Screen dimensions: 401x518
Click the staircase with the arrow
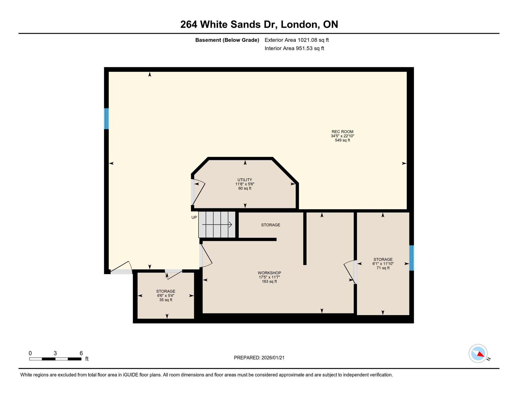[217, 225]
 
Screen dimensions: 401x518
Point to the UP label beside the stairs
[194, 217]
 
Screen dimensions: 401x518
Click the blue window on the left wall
[106, 119]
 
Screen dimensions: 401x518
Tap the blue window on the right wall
[411, 258]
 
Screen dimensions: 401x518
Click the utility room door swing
[199, 192]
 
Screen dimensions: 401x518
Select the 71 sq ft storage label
[383, 264]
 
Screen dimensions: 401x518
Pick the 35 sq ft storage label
[166, 296]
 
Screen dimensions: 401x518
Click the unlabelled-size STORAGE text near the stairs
[270, 225]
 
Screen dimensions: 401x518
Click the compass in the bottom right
[478, 353]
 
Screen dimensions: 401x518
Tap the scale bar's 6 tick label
[81, 353]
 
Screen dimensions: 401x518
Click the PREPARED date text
[259, 358]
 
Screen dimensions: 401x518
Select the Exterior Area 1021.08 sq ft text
[297, 40]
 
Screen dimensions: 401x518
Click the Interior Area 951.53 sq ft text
[294, 48]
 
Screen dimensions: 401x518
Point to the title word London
[300, 25]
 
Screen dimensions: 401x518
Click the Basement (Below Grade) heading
[227, 40]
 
